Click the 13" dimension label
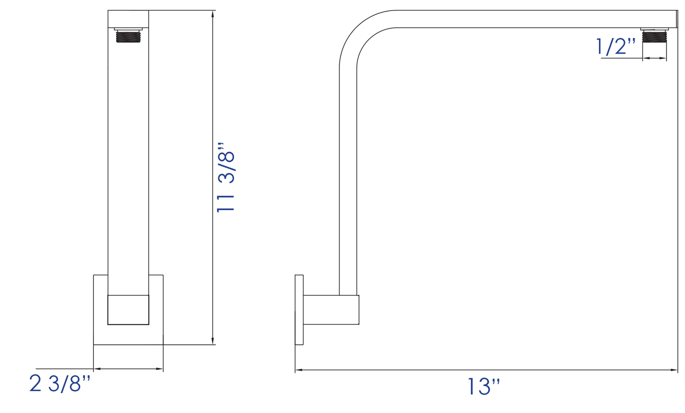tap(484, 386)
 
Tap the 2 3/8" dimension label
tap(60, 384)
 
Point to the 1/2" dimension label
tap(615, 46)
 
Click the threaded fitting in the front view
tap(128, 36)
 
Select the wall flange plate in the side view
tap(299, 309)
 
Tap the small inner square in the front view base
tap(128, 310)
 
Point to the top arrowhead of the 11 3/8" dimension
tap(213, 14)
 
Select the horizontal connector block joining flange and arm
tap(331, 310)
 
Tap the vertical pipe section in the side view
tap(348, 180)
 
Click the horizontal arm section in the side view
tap(521, 19)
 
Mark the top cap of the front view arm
tap(128, 19)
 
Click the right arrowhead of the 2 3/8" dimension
tap(160, 368)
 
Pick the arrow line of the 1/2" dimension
tap(654, 58)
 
